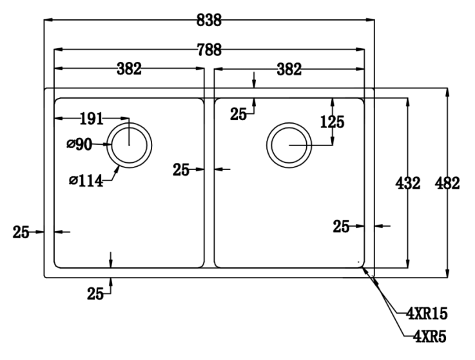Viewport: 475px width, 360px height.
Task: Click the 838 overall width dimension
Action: pyautogui.click(x=209, y=21)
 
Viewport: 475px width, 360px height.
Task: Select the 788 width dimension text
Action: pyautogui.click(x=209, y=50)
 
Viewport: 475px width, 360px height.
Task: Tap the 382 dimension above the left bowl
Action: pyautogui.click(x=129, y=70)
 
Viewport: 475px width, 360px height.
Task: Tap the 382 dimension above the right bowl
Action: pyautogui.click(x=289, y=70)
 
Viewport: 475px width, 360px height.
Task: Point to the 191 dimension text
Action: pyautogui.click(x=91, y=118)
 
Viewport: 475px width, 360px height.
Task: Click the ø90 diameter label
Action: pyautogui.click(x=79, y=145)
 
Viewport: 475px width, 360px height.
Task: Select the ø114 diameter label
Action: pyautogui.click(x=86, y=182)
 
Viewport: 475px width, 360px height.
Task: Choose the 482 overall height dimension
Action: pyautogui.click(x=447, y=184)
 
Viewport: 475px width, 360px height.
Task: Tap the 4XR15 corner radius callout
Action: pyautogui.click(x=427, y=314)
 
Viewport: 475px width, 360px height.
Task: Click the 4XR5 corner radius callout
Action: pyautogui.click(x=427, y=336)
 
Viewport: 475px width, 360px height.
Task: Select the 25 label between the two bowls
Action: pyautogui.click(x=181, y=170)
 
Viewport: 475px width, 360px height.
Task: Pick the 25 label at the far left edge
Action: pyautogui.click(x=21, y=232)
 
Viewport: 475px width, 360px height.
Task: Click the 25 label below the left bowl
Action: pyautogui.click(x=95, y=294)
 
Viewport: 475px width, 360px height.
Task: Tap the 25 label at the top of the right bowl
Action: pyautogui.click(x=239, y=115)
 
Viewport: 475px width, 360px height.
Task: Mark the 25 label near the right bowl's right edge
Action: pyautogui.click(x=342, y=226)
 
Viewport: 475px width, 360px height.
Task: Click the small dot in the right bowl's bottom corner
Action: pyautogui.click(x=358, y=262)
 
